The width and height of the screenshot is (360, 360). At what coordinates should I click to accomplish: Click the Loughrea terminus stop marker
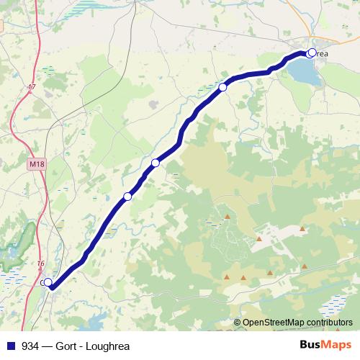311,53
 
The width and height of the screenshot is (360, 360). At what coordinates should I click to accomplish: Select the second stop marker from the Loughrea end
223,87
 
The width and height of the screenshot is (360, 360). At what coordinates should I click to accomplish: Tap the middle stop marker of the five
155,163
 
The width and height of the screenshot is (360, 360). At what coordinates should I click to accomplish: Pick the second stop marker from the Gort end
127,197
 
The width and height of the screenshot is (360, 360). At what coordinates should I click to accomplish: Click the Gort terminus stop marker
48,283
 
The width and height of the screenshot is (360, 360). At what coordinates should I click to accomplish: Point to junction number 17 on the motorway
31,87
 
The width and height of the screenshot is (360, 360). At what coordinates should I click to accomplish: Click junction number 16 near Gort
40,264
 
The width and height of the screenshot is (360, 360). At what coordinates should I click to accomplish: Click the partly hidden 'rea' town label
321,53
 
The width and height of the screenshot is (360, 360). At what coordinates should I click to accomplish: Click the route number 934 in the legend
30,345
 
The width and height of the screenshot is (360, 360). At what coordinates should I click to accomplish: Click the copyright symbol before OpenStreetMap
237,323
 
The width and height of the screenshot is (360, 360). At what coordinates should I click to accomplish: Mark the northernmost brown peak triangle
228,217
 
